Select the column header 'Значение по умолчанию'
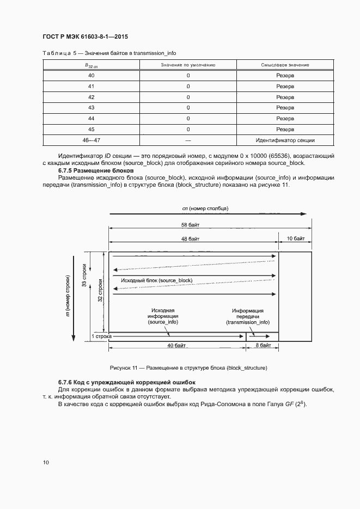pos(188,65)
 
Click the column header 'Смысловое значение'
pos(285,65)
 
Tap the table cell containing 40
pos(91,75)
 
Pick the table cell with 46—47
pos(91,140)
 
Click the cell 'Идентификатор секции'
pos(285,140)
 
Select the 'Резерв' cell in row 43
pos(285,108)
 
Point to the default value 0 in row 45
pos(188,130)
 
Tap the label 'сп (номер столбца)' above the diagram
pos(205,208)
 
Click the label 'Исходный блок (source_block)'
pos(157,280)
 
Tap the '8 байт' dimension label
pos(263,345)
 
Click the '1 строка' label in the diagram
pos(101,337)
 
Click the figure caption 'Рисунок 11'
pos(188,368)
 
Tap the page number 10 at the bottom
pos(46,462)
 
